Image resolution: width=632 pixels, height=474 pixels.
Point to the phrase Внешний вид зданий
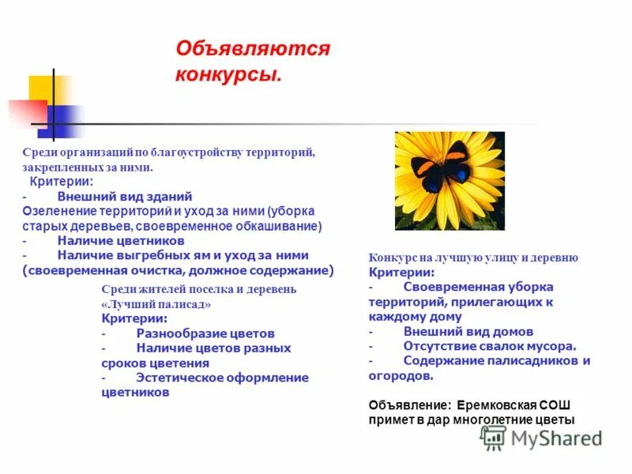124,196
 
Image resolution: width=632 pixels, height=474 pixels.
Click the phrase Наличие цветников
120,240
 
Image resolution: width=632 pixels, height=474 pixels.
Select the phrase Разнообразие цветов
205,333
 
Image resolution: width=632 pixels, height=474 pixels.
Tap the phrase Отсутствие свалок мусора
490,345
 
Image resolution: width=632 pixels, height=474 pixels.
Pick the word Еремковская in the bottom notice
497,405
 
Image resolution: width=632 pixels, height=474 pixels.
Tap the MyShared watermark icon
494,437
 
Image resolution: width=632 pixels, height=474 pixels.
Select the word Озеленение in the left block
58,211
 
